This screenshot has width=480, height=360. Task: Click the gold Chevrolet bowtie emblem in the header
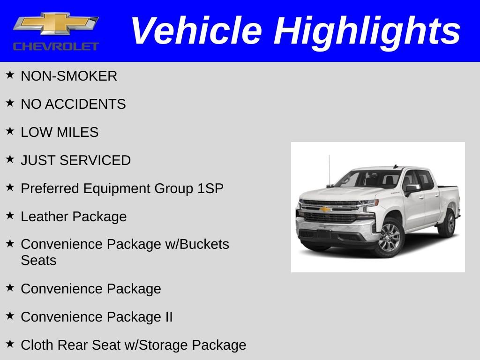(x=56, y=23)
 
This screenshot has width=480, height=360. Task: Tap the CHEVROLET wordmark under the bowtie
(x=56, y=46)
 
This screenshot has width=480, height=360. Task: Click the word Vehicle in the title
(x=196, y=31)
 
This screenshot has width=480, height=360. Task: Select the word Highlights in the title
(x=367, y=31)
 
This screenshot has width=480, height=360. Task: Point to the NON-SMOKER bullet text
(x=69, y=76)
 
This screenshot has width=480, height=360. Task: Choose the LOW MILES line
(x=60, y=132)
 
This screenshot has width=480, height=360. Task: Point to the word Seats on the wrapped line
(x=38, y=260)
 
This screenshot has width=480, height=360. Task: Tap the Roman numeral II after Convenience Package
(x=169, y=317)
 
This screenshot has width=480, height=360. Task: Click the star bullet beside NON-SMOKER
(x=10, y=75)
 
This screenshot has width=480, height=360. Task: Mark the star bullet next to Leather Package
(x=10, y=216)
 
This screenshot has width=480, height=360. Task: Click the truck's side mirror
(x=412, y=188)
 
